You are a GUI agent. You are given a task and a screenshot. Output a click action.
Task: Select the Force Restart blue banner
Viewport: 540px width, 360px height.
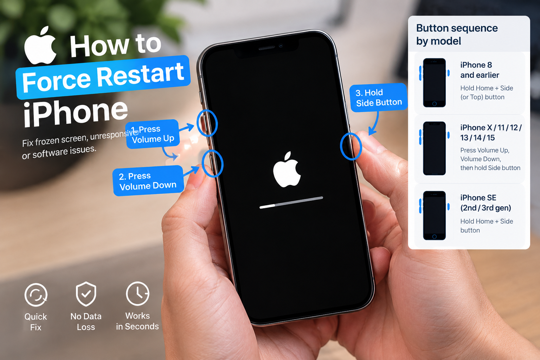(x=103, y=77)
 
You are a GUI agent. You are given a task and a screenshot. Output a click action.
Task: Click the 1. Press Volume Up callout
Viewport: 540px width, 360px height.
(x=153, y=134)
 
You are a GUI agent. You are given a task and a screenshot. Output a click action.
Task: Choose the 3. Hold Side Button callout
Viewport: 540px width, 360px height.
(x=378, y=97)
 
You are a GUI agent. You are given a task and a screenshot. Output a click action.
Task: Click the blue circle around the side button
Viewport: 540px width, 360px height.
(x=341, y=146)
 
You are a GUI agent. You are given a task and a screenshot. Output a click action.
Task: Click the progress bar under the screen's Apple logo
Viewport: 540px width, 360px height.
(x=291, y=202)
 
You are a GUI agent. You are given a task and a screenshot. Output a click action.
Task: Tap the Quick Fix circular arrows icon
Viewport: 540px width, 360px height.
(x=36, y=295)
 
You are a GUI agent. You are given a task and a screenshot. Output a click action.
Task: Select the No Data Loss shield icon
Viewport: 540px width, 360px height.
(x=86, y=294)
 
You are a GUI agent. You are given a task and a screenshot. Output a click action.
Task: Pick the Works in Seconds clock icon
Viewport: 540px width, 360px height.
(x=138, y=294)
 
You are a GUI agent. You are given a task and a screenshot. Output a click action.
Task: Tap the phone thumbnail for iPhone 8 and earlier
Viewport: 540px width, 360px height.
(x=435, y=83)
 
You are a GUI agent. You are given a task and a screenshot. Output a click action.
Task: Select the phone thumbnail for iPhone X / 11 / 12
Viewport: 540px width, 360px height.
(x=435, y=148)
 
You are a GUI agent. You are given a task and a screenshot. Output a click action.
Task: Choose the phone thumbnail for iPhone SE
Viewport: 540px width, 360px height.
(x=435, y=216)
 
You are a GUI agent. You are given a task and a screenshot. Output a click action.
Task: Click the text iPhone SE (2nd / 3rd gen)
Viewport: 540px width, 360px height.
(x=486, y=203)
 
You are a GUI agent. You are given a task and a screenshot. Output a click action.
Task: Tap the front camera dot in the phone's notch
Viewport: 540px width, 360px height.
(x=281, y=45)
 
